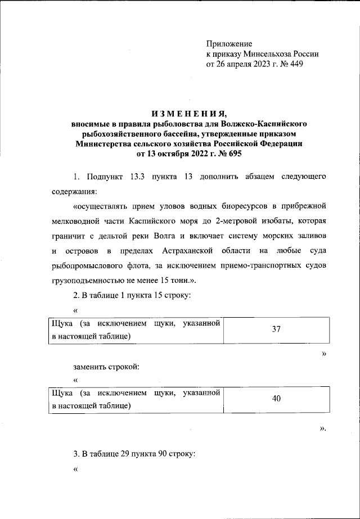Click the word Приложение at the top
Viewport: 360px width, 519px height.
[x=229, y=44]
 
